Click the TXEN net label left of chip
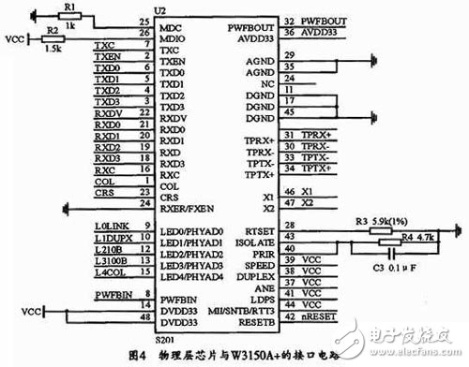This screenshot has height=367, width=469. (107, 58)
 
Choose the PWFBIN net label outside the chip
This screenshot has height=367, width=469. (111, 295)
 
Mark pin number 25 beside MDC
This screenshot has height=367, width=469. (144, 21)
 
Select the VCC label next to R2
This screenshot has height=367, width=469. (13, 40)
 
